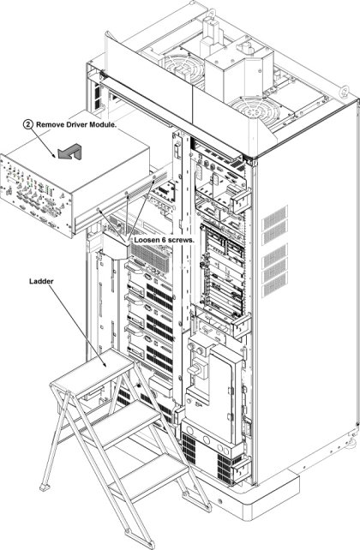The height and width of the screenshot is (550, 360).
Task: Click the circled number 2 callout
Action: click(28, 124)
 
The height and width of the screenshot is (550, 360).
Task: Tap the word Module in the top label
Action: click(103, 124)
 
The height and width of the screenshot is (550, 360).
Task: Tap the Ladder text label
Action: click(41, 281)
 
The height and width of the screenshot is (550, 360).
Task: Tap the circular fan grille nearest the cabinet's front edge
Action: click(254, 111)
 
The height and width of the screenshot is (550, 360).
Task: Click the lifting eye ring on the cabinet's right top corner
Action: click(344, 91)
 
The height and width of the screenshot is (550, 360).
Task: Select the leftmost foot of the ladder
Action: click(45, 487)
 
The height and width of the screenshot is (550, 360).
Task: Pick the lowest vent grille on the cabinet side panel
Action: click(274, 284)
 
